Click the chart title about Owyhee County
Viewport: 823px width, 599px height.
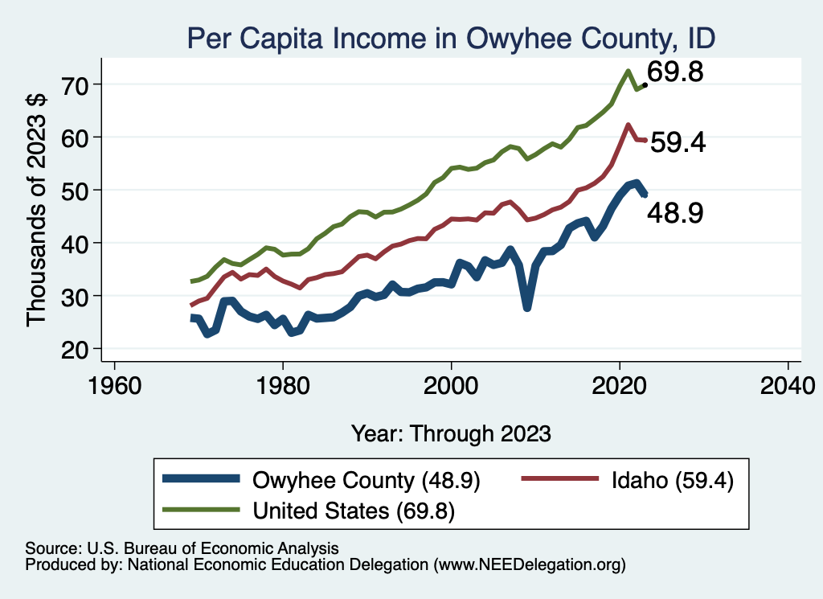click(451, 37)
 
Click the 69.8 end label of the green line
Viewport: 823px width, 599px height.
click(676, 73)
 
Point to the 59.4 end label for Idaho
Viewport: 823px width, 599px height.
click(678, 143)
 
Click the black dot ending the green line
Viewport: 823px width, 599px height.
click(645, 84)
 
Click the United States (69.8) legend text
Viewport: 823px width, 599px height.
click(354, 511)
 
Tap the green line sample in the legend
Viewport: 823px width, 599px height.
click(200, 510)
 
